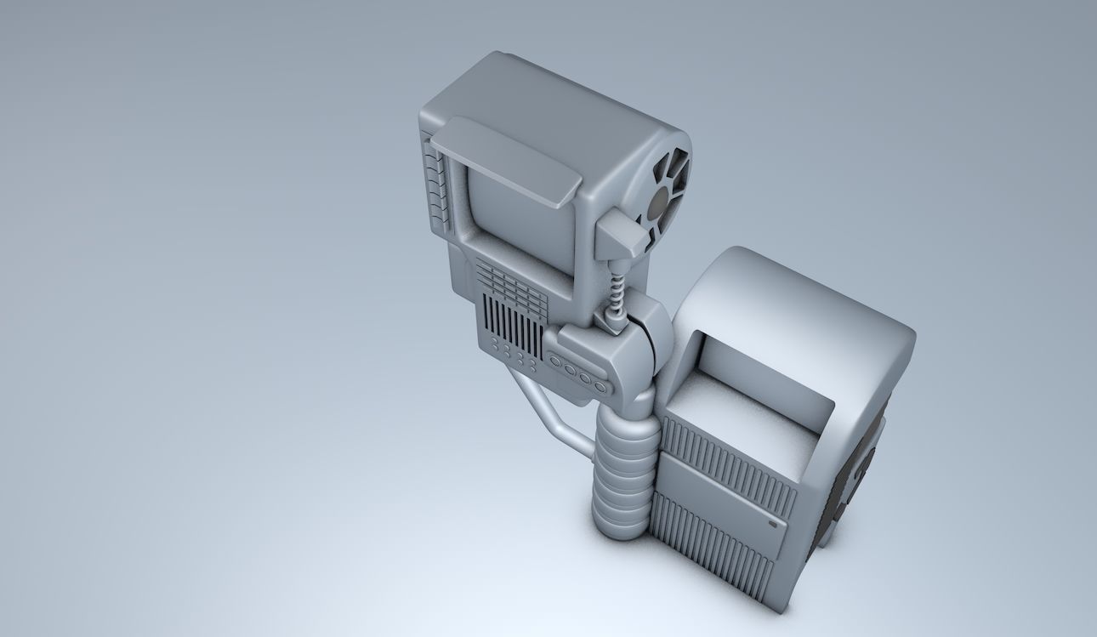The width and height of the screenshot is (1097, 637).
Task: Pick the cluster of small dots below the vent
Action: (513, 355)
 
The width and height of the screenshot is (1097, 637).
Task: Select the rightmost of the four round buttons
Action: (600, 387)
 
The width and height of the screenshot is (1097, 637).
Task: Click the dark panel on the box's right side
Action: (855, 476)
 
